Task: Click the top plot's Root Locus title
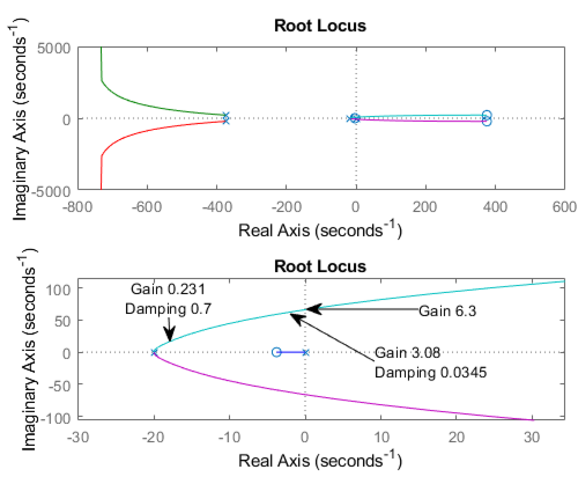click(x=320, y=26)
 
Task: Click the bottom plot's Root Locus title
click(x=320, y=267)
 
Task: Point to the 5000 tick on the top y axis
click(x=54, y=48)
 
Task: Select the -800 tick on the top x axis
click(x=78, y=207)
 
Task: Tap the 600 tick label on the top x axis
click(x=564, y=207)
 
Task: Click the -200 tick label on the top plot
click(x=287, y=207)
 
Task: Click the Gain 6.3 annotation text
click(x=447, y=311)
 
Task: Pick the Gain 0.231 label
click(x=168, y=289)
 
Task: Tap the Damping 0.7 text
click(x=168, y=309)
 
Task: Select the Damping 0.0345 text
click(x=431, y=372)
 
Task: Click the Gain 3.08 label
click(x=407, y=352)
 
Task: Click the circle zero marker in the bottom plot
click(x=276, y=352)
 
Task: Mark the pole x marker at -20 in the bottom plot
click(x=154, y=352)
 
